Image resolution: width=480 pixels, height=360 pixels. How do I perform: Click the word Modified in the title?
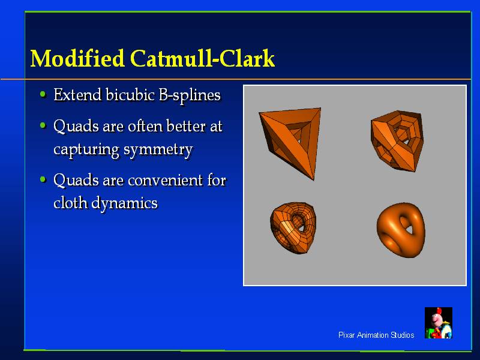(77, 58)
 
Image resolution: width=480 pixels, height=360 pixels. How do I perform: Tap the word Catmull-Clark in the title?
(203, 58)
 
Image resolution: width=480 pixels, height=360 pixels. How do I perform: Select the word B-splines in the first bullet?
(190, 95)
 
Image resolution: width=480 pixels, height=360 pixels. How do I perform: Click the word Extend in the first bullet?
(77, 95)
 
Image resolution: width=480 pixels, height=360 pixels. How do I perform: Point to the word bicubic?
(130, 95)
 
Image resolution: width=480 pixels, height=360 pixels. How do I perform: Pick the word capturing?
(86, 150)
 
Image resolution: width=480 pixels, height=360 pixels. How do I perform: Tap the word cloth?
(70, 202)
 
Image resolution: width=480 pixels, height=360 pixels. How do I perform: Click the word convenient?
(166, 180)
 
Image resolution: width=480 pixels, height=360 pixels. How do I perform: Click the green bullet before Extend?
(43, 94)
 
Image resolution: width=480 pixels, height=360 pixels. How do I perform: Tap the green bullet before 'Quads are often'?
(43, 125)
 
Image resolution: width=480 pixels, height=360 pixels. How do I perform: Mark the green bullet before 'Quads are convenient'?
(43, 179)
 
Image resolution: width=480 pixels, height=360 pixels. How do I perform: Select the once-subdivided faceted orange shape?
(397, 140)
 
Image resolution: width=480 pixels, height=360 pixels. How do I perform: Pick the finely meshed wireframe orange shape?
(293, 228)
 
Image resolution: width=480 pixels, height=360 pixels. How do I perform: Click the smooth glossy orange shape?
(401, 230)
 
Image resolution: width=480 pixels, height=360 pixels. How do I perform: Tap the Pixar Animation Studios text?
(376, 335)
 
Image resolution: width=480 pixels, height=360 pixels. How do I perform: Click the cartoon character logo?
(439, 323)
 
